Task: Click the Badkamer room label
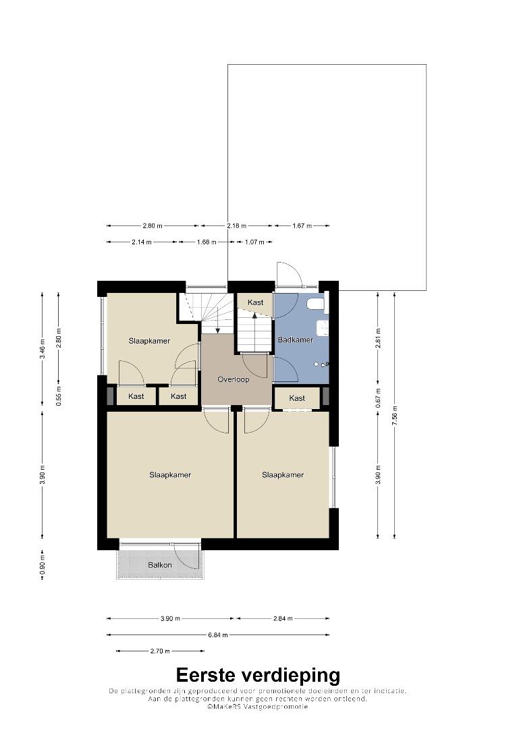tap(295, 340)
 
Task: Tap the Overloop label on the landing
tap(234, 379)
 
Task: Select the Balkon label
tap(160, 565)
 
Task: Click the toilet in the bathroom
tap(317, 304)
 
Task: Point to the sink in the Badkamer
tap(323, 327)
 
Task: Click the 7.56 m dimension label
tap(395, 416)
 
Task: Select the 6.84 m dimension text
tap(218, 634)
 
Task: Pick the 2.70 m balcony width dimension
tap(160, 651)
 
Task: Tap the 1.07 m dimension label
tap(254, 242)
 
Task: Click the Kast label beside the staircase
tap(255, 302)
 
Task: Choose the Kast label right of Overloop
tap(297, 398)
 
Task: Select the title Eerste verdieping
tap(258, 674)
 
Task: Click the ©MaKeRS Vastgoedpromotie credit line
tap(258, 706)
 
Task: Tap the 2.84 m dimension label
tap(283, 618)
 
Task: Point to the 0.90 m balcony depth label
tap(43, 566)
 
